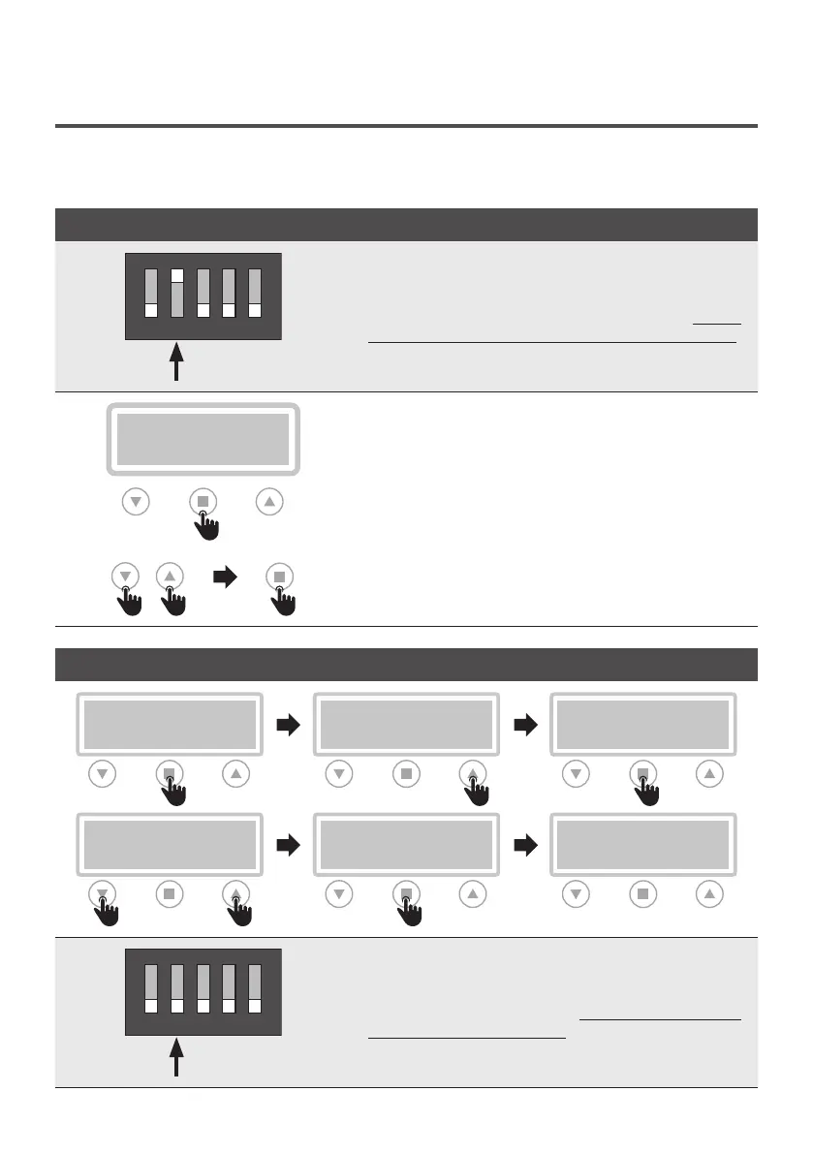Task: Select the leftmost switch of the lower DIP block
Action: point(151,989)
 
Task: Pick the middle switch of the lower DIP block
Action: point(203,989)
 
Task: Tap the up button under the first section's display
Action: point(270,502)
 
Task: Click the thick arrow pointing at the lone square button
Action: point(224,577)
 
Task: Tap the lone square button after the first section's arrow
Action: point(279,577)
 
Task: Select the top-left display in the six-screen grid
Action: point(170,724)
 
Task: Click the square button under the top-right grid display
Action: point(642,774)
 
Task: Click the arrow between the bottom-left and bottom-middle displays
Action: point(288,845)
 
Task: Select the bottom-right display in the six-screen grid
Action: point(642,844)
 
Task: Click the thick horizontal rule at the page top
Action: point(406,126)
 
